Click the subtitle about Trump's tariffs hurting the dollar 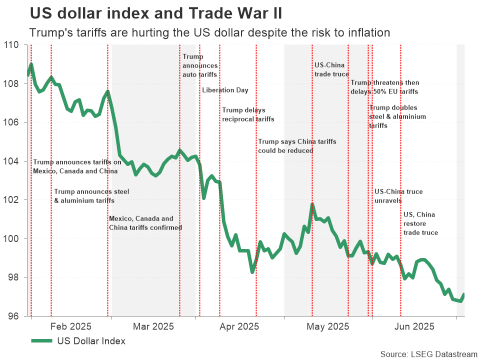point(209,33)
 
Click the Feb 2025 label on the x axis point(70,327)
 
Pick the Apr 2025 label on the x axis point(239,327)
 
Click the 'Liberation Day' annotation point(225,90)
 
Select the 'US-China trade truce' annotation point(331,69)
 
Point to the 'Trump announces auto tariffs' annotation point(199,65)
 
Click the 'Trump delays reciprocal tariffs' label point(248,114)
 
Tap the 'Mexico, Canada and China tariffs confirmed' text point(145,223)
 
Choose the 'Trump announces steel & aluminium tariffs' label point(84,196)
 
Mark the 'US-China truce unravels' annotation point(398,196)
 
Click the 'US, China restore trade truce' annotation point(420,223)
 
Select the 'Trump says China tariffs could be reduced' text point(297,146)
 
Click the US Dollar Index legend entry point(78,341)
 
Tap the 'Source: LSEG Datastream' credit point(428,354)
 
